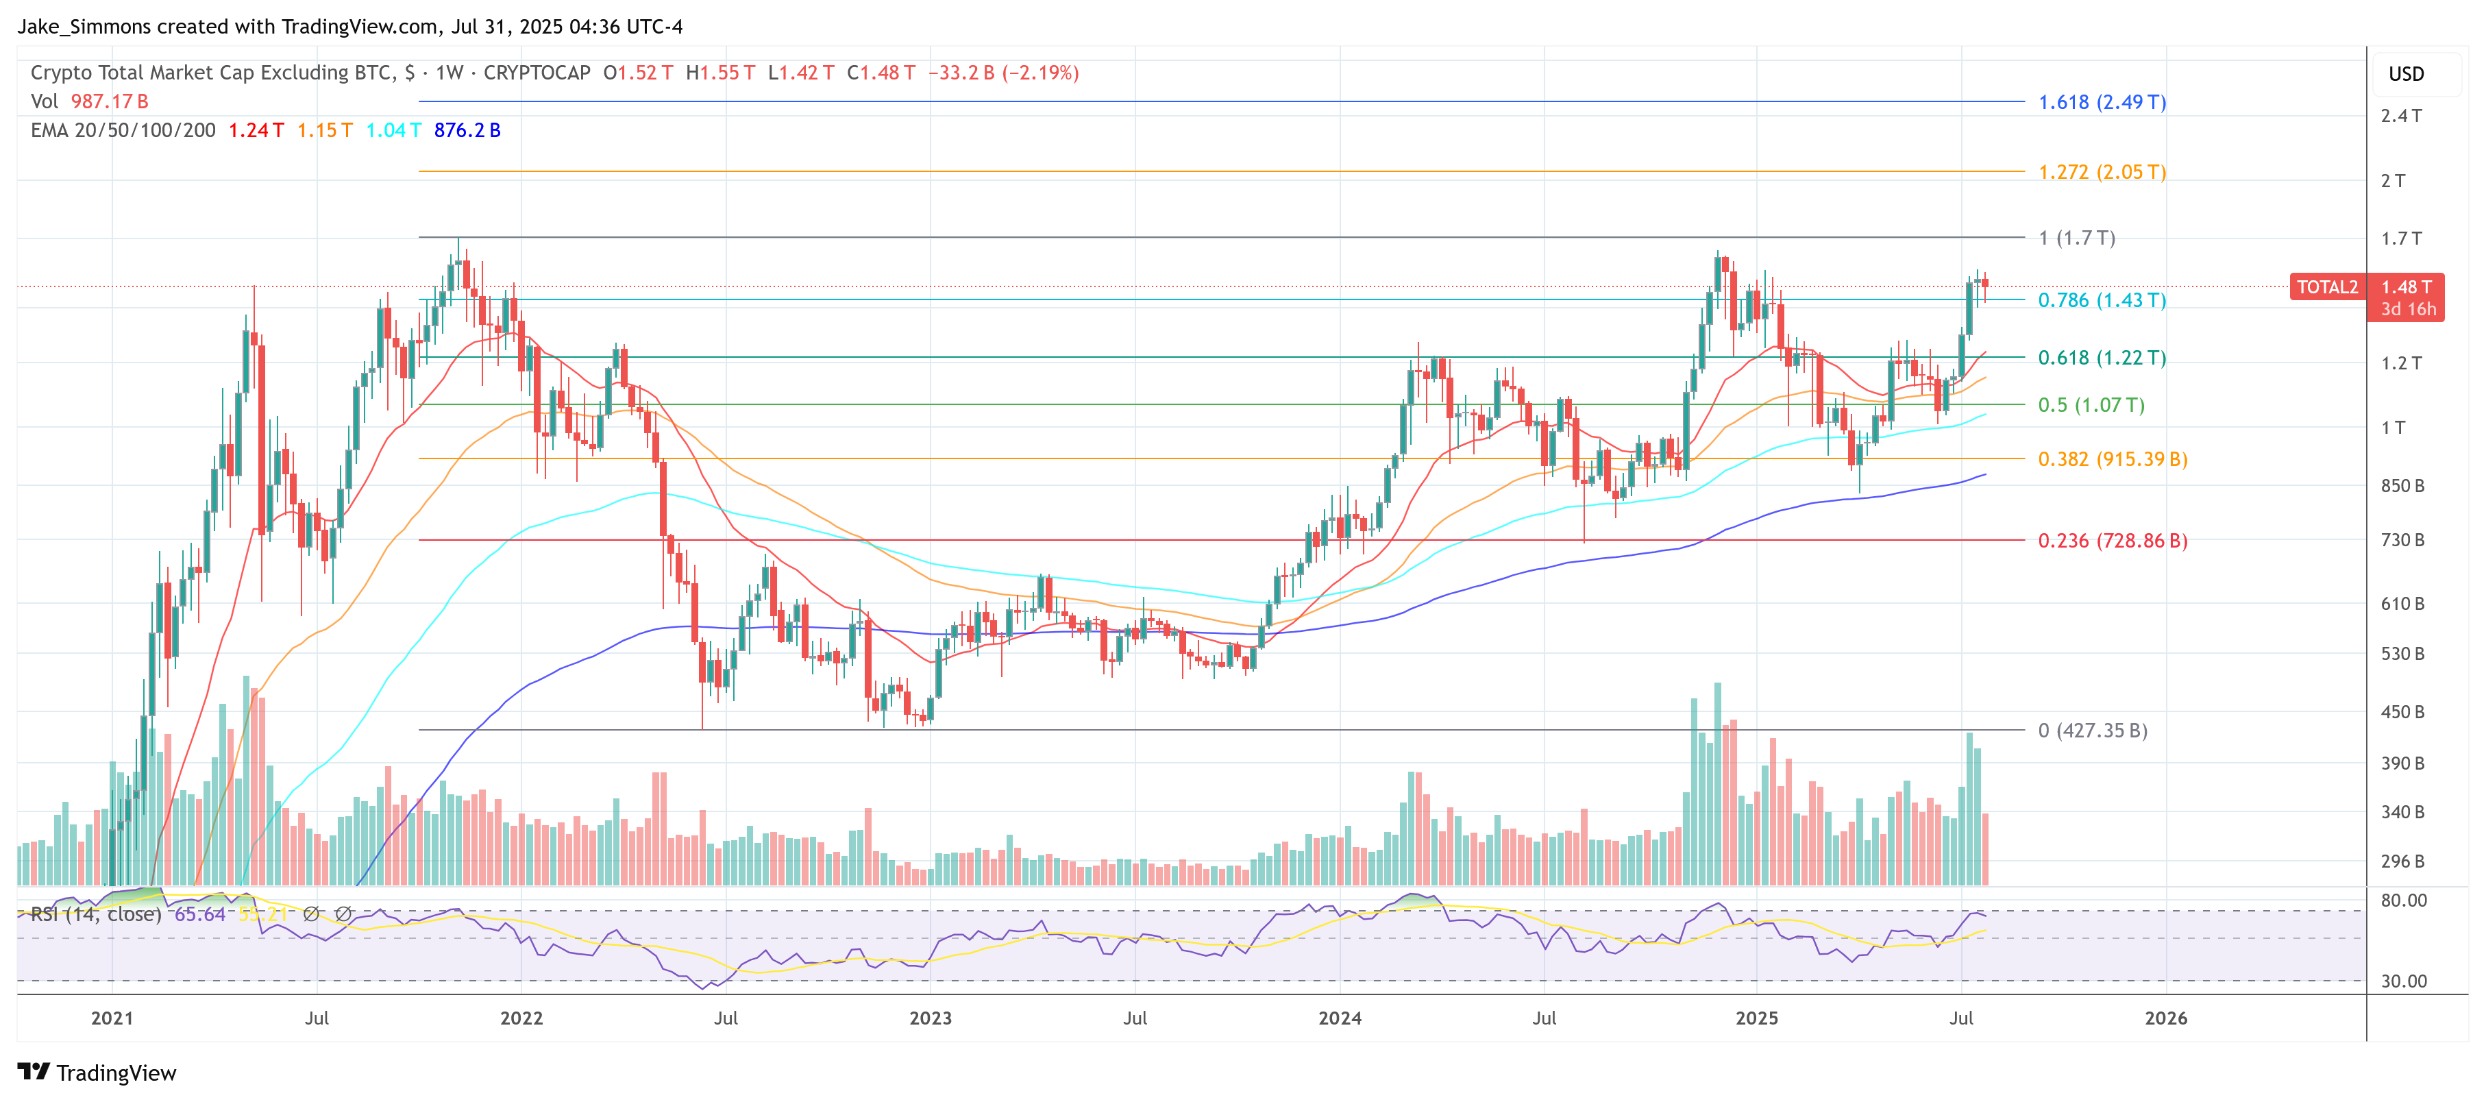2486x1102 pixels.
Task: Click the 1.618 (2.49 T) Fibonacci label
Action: point(2101,102)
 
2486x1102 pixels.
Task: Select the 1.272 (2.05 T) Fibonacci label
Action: point(2101,172)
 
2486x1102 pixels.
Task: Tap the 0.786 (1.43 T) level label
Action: point(2101,300)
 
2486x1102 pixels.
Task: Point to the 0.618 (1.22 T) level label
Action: point(2101,358)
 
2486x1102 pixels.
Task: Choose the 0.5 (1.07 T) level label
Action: point(2091,405)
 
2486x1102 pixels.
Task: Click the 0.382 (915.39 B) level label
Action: point(2112,459)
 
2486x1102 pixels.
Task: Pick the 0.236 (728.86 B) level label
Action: point(2112,541)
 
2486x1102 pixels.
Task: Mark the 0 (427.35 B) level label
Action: point(2091,731)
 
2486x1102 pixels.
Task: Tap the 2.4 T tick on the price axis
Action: point(2400,116)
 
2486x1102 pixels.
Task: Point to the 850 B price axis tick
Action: point(2401,485)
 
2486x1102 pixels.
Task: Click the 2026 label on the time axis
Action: point(2165,1018)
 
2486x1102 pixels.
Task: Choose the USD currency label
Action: point(2405,74)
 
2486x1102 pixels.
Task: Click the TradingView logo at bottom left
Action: point(97,1073)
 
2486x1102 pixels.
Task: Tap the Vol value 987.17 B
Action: point(109,101)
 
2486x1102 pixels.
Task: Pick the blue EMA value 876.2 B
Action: point(467,130)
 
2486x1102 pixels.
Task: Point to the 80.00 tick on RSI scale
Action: point(2403,901)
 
